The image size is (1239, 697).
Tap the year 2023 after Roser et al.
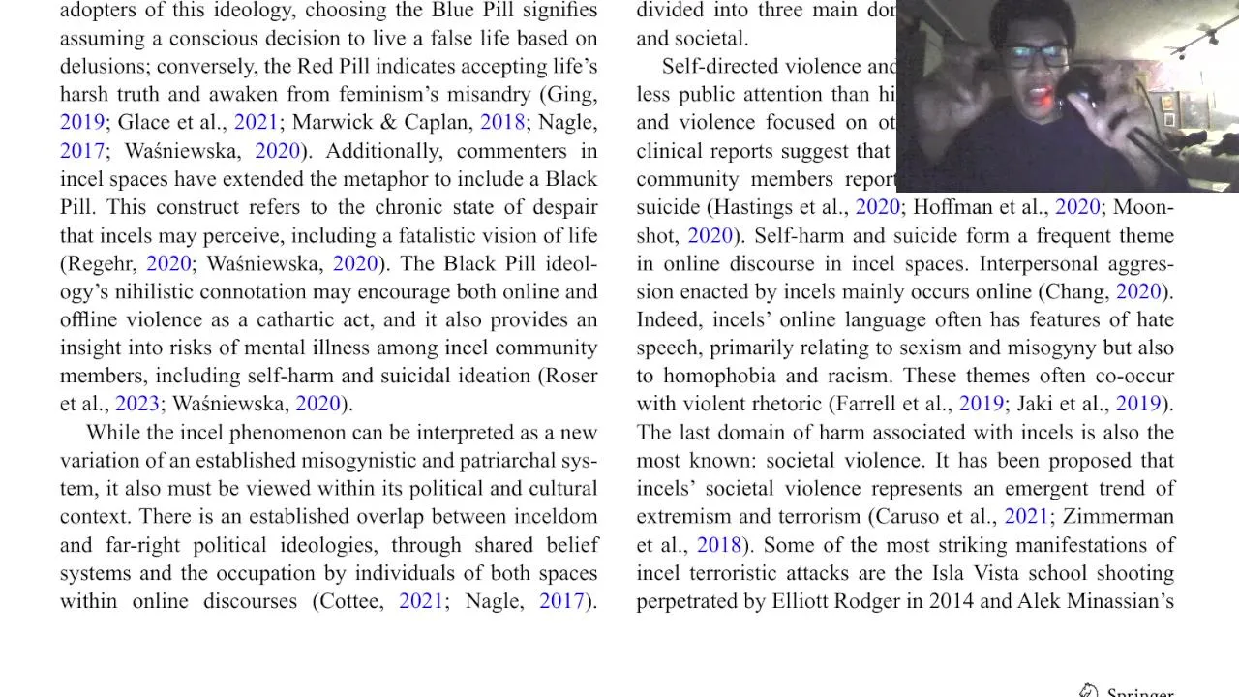point(136,404)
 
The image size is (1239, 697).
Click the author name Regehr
point(102,263)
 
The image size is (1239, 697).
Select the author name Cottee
point(351,601)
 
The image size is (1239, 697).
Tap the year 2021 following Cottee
point(421,601)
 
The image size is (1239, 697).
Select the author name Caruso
point(907,516)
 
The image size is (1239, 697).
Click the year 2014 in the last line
point(951,601)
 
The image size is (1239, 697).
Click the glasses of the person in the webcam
point(1035,56)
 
